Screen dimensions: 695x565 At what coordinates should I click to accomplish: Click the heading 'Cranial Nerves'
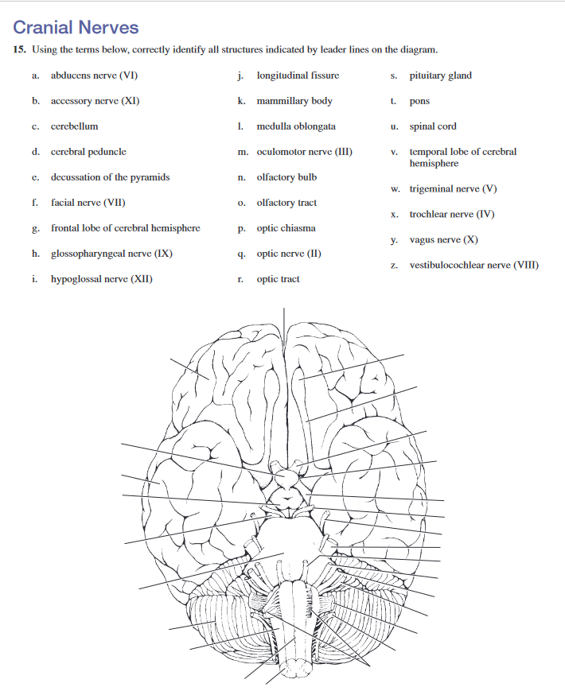click(76, 28)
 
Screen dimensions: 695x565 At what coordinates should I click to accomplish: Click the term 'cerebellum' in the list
click(75, 126)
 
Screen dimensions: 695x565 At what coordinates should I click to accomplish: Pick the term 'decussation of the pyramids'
click(110, 177)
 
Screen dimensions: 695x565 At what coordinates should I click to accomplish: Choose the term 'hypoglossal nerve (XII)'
click(102, 279)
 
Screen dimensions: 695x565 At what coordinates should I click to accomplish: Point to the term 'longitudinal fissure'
click(298, 76)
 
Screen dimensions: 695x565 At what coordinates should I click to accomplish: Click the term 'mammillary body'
click(294, 101)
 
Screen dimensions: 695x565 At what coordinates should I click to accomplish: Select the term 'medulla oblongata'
click(296, 126)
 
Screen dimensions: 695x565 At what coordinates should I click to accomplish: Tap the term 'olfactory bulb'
click(286, 177)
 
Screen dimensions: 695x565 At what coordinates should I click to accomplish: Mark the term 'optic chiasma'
click(286, 228)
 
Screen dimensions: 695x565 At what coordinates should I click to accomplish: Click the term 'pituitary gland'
click(440, 76)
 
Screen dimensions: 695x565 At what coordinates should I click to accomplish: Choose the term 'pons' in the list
click(419, 102)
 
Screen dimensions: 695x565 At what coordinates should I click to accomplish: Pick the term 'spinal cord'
click(433, 126)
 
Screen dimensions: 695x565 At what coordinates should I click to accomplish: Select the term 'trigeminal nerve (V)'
click(453, 189)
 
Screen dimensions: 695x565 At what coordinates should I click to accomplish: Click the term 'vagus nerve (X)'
click(443, 240)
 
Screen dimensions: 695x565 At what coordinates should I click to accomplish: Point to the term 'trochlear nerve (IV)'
click(452, 215)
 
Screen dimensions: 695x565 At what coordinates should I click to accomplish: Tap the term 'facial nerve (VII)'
click(88, 203)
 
